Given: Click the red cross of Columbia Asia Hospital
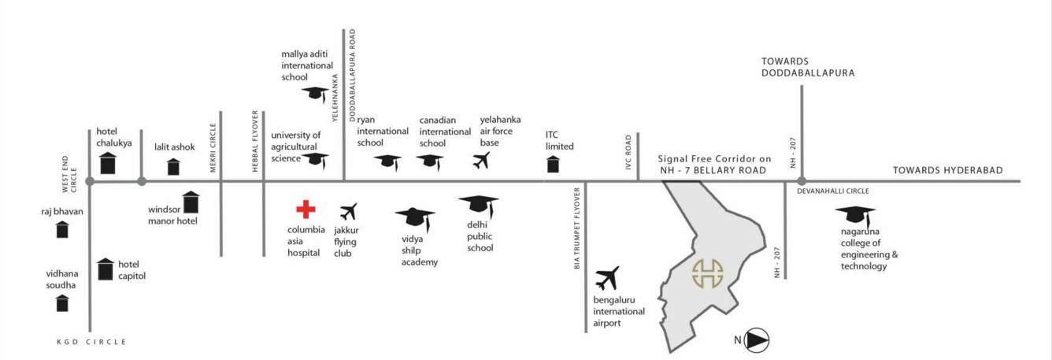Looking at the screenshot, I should [x=306, y=210].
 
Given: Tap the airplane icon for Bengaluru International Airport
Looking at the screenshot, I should [x=607, y=279].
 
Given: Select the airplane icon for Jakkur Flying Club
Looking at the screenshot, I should [x=348, y=212].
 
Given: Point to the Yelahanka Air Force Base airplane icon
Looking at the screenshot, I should [x=481, y=161].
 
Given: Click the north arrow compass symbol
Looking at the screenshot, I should [x=756, y=340].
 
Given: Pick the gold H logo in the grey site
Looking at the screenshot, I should [x=707, y=273].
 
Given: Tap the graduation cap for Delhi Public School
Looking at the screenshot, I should [x=479, y=206].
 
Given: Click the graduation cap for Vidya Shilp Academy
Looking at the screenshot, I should [x=415, y=218].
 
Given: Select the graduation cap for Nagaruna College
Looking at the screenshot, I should [x=855, y=216].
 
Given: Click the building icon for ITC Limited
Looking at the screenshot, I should [x=554, y=164].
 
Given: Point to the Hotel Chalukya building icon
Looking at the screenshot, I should [x=108, y=163].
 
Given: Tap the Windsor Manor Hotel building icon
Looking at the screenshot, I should [x=191, y=202].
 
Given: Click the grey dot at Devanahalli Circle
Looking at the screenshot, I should [x=802, y=181].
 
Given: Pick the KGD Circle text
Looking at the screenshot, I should [x=91, y=342].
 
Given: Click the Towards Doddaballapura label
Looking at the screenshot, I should [x=808, y=67].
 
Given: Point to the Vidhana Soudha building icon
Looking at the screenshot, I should [x=62, y=302].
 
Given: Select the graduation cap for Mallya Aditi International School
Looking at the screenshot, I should [x=315, y=94].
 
